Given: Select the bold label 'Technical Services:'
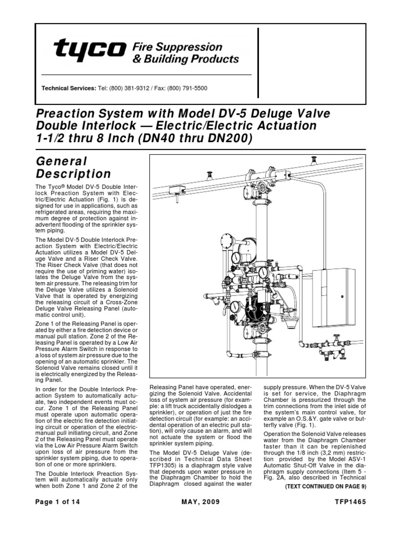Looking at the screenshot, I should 69,88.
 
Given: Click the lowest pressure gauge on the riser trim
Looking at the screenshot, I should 235,307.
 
